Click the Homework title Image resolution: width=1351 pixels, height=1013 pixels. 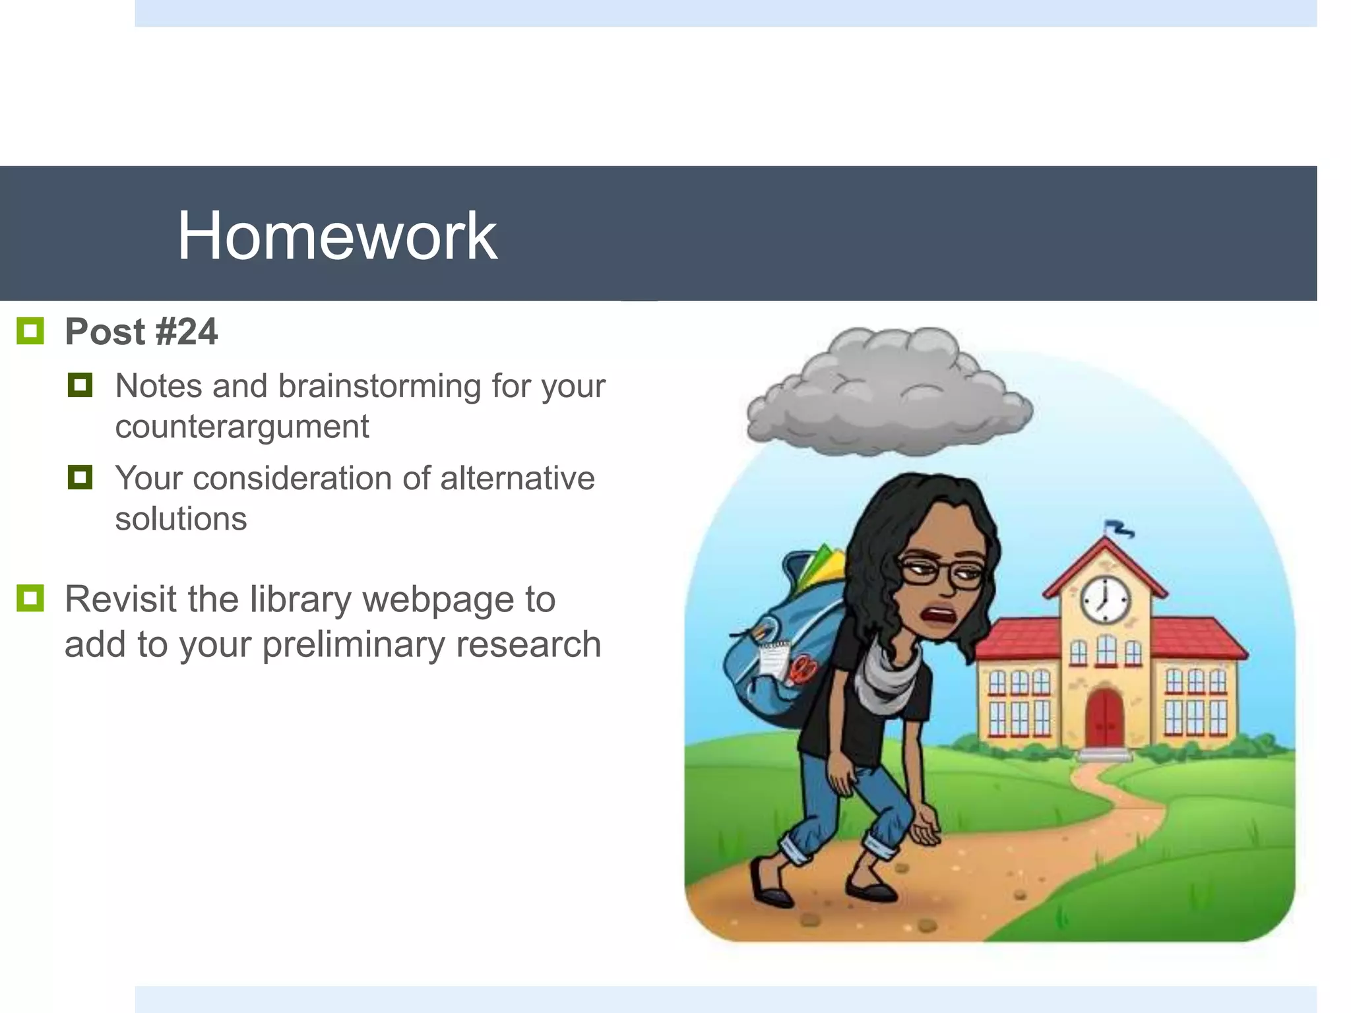pyautogui.click(x=337, y=235)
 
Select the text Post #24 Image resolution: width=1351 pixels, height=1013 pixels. pyautogui.click(x=141, y=332)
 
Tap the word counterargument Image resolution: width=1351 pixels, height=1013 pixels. pyautogui.click(x=241, y=427)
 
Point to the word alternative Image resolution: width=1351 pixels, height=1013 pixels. pyautogui.click(x=517, y=478)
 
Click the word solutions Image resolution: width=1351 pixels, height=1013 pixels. pyautogui.click(x=181, y=519)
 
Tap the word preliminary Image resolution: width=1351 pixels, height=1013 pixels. pyautogui.click(x=353, y=644)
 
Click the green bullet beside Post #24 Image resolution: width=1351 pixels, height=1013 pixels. pyautogui.click(x=30, y=331)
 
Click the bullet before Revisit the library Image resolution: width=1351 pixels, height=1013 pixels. pyautogui.click(x=30, y=598)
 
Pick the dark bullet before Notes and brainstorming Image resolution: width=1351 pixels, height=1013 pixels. pyautogui.click(x=80, y=385)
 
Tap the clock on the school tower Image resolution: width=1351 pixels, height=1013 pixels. pyautogui.click(x=1104, y=600)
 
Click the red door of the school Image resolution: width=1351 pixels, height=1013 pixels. pyautogui.click(x=1104, y=718)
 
